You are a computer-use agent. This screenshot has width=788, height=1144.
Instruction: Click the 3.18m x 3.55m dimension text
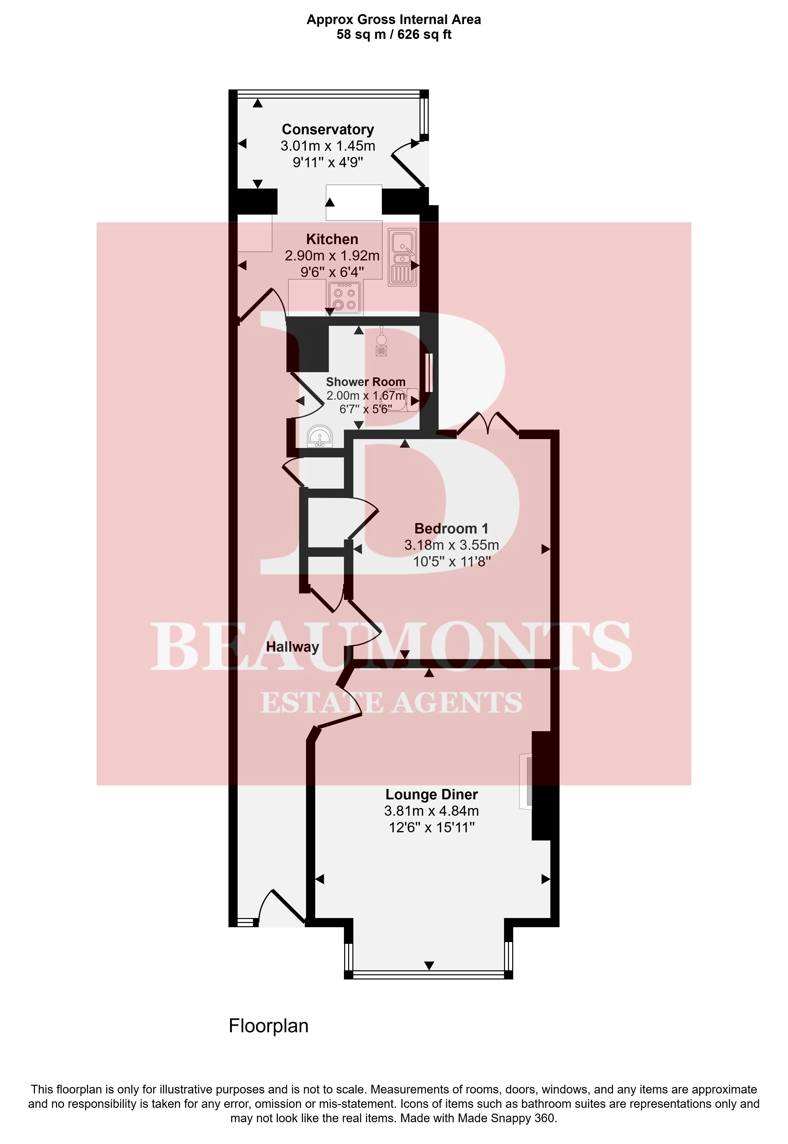tap(451, 545)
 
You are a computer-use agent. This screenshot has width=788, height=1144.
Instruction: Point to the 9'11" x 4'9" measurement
tap(328, 162)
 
